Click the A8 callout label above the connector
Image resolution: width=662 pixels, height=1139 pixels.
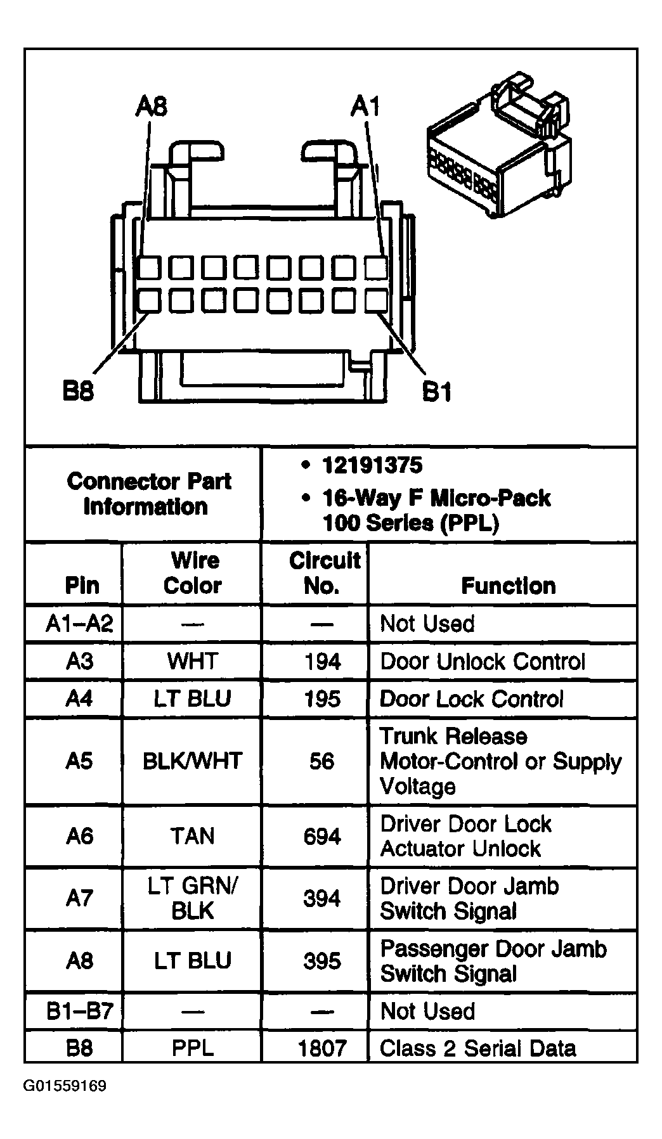pyautogui.click(x=151, y=106)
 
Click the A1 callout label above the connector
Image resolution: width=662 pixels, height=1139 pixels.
pyautogui.click(x=366, y=106)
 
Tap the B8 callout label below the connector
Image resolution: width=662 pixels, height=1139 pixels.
pyautogui.click(x=78, y=391)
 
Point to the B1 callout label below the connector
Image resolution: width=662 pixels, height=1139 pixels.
pyautogui.click(x=437, y=392)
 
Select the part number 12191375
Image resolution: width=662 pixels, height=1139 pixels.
pyautogui.click(x=372, y=466)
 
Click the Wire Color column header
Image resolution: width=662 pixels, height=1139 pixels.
pyautogui.click(x=192, y=572)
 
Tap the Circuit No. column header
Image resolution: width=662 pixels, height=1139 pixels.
pyautogui.click(x=323, y=572)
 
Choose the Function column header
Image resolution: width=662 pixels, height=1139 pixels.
pyautogui.click(x=508, y=586)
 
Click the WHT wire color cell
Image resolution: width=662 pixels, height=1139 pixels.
pyautogui.click(x=192, y=662)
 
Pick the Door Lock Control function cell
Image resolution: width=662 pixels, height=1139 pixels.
pyautogui.click(x=471, y=699)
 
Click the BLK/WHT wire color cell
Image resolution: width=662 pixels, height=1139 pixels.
pyautogui.click(x=192, y=761)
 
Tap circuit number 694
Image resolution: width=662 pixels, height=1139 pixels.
pyautogui.click(x=322, y=837)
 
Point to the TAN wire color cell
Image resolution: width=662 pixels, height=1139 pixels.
pyautogui.click(x=192, y=837)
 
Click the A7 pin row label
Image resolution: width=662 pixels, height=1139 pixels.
pyautogui.click(x=79, y=898)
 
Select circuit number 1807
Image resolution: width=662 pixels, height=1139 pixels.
pyautogui.click(x=322, y=1048)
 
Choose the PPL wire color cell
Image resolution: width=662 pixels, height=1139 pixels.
pyautogui.click(x=192, y=1048)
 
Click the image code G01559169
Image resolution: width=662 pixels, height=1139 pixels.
pyautogui.click(x=65, y=1086)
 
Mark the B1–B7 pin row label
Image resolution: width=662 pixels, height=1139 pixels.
pyautogui.click(x=79, y=1011)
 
